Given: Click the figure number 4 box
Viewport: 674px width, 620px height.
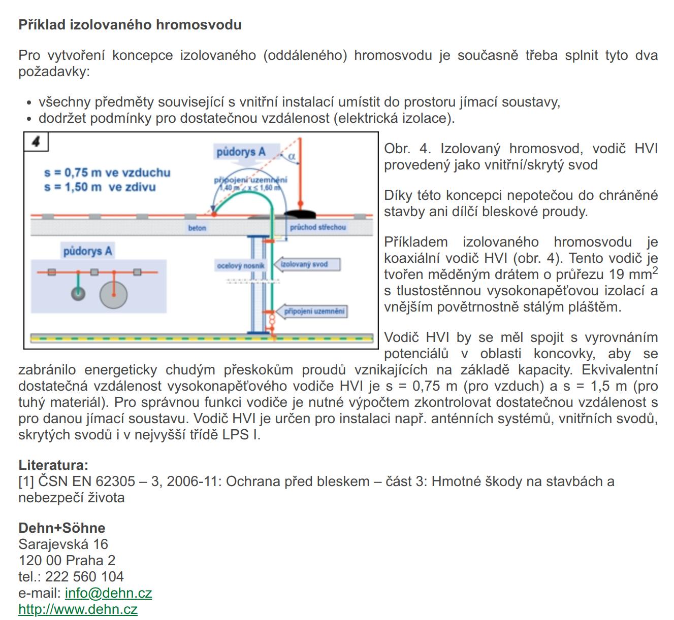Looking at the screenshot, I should point(36,142).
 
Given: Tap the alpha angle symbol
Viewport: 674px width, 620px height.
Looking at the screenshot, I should point(292,157).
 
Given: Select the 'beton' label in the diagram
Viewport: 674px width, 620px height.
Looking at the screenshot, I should point(197,228).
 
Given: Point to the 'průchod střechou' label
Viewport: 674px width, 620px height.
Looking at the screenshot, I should point(317,227).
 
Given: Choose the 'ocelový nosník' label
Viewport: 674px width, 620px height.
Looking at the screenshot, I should point(240,266).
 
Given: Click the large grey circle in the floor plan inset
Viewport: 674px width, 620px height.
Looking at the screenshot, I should point(113,295).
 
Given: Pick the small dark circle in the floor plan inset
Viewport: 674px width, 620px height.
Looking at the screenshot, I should point(78,293).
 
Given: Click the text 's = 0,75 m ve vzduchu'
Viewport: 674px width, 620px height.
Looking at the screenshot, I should point(107,173).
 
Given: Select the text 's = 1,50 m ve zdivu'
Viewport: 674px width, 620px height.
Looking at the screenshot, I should point(100,187).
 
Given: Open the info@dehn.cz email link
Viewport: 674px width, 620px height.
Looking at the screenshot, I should point(108,593).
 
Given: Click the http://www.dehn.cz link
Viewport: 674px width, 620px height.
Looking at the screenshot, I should point(78,609).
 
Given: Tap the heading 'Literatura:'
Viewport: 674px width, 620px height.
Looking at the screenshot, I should point(53,465).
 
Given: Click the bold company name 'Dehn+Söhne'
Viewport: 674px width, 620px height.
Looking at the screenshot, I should point(62,528).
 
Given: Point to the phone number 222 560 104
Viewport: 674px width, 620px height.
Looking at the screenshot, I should point(84,576).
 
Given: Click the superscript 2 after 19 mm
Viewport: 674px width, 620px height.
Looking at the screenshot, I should point(655,270).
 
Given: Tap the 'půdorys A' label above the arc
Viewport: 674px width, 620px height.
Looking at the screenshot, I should point(241,152).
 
